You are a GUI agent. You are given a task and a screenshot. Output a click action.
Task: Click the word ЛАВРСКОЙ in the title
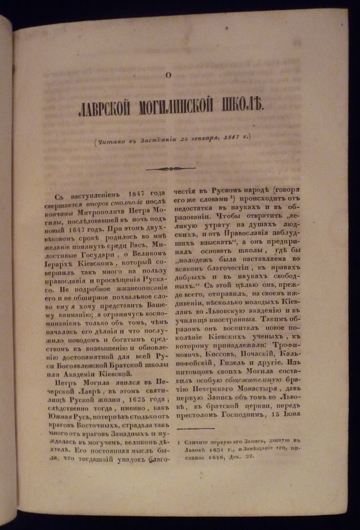107,107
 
